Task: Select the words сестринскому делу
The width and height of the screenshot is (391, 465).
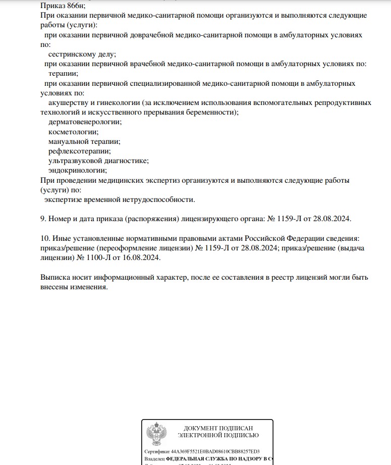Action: [x=82, y=54]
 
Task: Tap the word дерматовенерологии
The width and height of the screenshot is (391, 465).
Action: [x=85, y=122]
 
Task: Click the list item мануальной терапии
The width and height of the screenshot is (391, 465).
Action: [x=84, y=141]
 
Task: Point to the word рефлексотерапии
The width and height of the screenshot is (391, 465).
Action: [x=80, y=151]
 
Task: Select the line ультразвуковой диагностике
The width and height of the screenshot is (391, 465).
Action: [x=98, y=161]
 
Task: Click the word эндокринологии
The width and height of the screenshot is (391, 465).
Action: [x=78, y=170]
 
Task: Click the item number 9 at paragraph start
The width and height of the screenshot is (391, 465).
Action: [x=43, y=219]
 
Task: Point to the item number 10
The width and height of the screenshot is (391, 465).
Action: [x=44, y=238]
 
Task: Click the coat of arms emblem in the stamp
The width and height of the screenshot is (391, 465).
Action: [x=154, y=434]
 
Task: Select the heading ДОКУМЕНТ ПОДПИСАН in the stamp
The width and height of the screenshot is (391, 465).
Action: [x=218, y=428]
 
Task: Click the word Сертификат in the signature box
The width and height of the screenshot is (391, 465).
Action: [x=157, y=451]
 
